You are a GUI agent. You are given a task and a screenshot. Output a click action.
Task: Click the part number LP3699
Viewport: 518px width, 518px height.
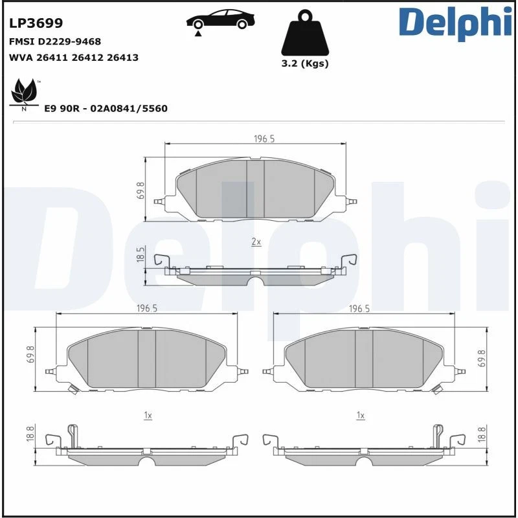pyautogui.click(x=36, y=24)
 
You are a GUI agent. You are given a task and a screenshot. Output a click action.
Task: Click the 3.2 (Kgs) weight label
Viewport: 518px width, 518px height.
pyautogui.click(x=305, y=63)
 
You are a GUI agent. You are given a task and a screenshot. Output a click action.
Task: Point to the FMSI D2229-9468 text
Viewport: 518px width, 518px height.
pyautogui.click(x=55, y=41)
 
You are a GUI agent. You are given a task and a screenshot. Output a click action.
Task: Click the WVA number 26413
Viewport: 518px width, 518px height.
pyautogui.click(x=123, y=58)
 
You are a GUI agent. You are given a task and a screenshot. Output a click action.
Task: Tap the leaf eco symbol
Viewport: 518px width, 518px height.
pyautogui.click(x=25, y=93)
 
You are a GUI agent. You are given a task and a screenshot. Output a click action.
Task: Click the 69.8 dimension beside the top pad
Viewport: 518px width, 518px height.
pyautogui.click(x=141, y=190)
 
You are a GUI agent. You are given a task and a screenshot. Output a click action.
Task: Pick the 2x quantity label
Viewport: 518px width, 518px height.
pyautogui.click(x=256, y=242)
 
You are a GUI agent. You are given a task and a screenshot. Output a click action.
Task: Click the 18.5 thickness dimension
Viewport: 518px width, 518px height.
pyautogui.click(x=141, y=254)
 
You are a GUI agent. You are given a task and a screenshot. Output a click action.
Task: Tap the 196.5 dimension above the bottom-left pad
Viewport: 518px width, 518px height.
pyautogui.click(x=147, y=309)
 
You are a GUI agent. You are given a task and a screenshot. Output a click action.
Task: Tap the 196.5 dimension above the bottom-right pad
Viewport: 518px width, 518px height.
pyautogui.click(x=359, y=309)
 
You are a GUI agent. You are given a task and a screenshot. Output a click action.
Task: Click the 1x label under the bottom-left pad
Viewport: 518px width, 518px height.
pyautogui.click(x=148, y=415)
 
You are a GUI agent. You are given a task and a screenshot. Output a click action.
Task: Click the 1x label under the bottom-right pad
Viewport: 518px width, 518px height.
pyautogui.click(x=361, y=415)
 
